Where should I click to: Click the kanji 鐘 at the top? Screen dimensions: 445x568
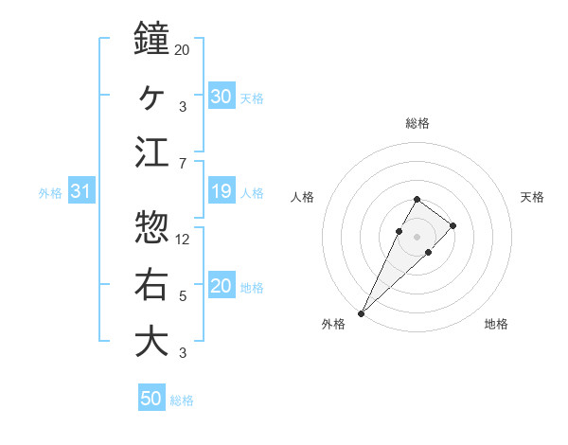tap(151, 40)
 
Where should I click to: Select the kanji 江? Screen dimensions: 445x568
tap(151, 153)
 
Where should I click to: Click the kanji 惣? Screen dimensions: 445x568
tap(151, 227)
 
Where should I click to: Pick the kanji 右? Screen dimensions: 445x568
tap(151, 284)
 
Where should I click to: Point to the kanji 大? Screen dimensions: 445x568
tap(151, 341)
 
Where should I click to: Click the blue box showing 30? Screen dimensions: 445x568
tap(222, 96)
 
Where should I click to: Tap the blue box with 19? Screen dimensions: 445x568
tap(222, 192)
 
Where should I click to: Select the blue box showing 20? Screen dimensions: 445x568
tap(222, 287)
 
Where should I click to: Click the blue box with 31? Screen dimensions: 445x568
tap(81, 192)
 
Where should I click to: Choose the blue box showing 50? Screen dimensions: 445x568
tap(151, 399)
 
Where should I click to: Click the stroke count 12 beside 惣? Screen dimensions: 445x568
tap(184, 240)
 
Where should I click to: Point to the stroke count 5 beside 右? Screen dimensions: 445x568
tap(183, 297)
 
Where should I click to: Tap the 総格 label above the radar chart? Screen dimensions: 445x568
tap(417, 123)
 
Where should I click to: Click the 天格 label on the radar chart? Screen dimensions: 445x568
tap(533, 197)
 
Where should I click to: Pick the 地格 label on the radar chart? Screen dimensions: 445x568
tap(496, 324)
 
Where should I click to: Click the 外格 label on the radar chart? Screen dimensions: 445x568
tap(334, 324)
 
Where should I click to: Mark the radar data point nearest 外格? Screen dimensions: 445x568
tap(361, 312)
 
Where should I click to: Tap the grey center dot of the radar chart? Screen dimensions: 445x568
tap(417, 236)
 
